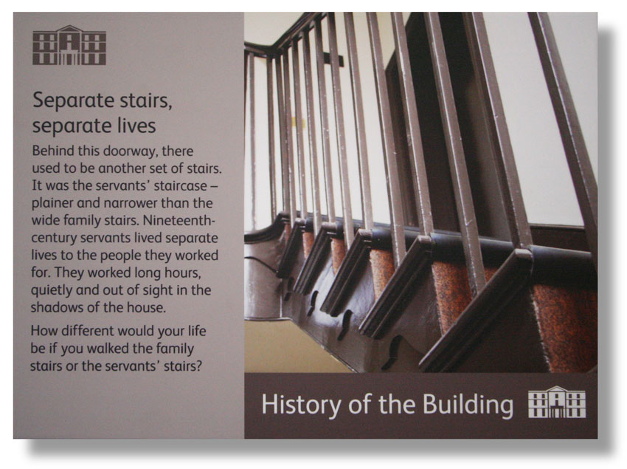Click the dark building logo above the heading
69,45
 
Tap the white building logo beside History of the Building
557,402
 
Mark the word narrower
131,203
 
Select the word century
54,239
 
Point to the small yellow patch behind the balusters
298,122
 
